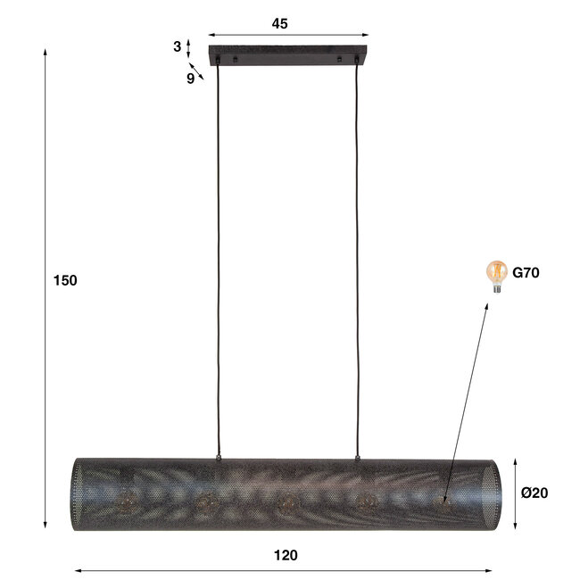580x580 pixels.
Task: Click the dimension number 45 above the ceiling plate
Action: pyautogui.click(x=280, y=24)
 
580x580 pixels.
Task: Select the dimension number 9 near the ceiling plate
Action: pyautogui.click(x=190, y=78)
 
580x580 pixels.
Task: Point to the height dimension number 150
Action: pyautogui.click(x=66, y=280)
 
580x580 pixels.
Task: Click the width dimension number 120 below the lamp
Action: pyautogui.click(x=286, y=555)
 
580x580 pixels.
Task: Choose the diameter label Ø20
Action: pyautogui.click(x=536, y=493)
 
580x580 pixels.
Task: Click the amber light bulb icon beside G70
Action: pyautogui.click(x=495, y=274)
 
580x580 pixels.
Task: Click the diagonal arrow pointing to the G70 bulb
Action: pyautogui.click(x=466, y=402)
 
